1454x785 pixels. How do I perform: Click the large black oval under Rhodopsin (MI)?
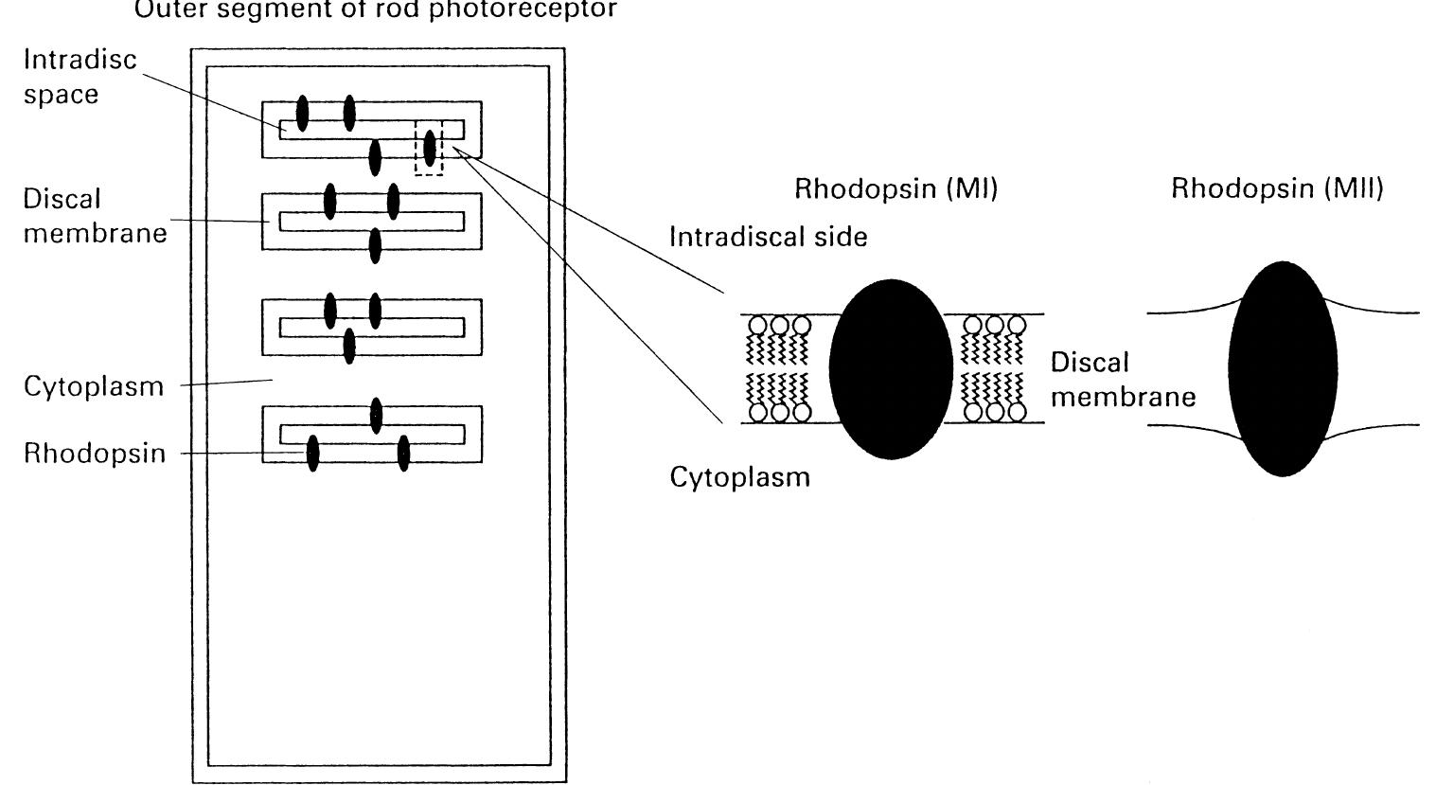tap(891, 368)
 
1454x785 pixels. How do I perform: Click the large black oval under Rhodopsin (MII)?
tap(1284, 368)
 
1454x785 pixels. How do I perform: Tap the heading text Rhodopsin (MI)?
tap(895, 189)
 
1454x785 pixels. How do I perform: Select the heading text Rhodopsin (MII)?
tap(1277, 189)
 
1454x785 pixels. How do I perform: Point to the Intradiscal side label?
tap(768, 237)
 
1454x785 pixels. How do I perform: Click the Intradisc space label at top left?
tap(80, 77)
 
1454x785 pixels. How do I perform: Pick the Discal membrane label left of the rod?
tap(95, 216)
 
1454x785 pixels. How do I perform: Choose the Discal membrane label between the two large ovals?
tap(1123, 379)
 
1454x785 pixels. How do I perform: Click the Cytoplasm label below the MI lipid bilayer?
tap(739, 476)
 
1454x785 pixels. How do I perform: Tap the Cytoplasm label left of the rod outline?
tap(94, 386)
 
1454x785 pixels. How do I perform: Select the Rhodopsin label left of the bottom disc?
tap(94, 454)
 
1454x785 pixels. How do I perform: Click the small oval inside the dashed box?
tap(430, 149)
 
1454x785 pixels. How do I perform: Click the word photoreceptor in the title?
tap(523, 9)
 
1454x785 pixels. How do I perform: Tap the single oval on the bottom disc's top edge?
tap(376, 416)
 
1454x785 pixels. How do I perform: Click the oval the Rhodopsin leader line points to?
tap(313, 453)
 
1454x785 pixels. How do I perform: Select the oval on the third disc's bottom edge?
tap(349, 346)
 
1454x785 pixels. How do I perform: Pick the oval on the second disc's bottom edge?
tap(375, 245)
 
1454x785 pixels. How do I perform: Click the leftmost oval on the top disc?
tap(302, 114)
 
